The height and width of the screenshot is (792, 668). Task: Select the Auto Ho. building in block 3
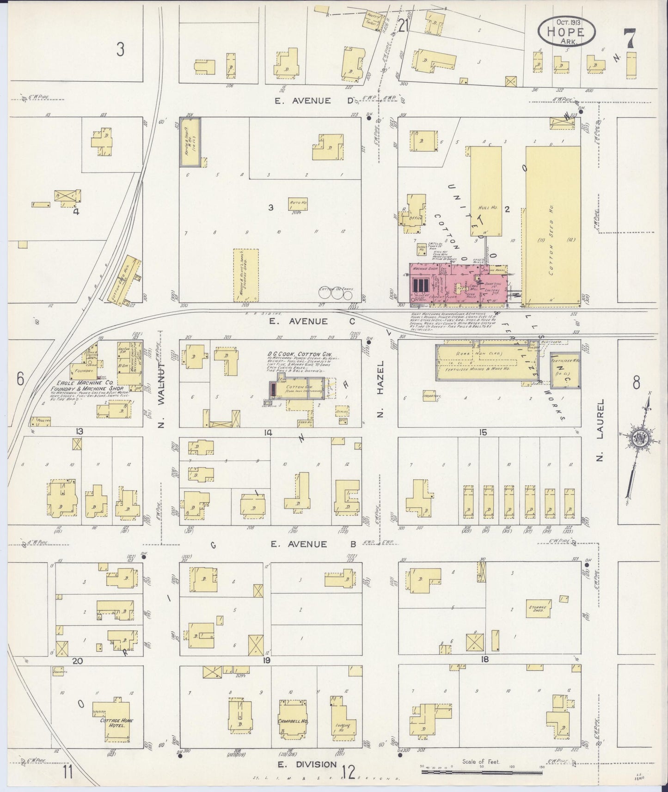(x=298, y=203)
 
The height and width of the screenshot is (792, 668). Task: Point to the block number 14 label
(x=267, y=432)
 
